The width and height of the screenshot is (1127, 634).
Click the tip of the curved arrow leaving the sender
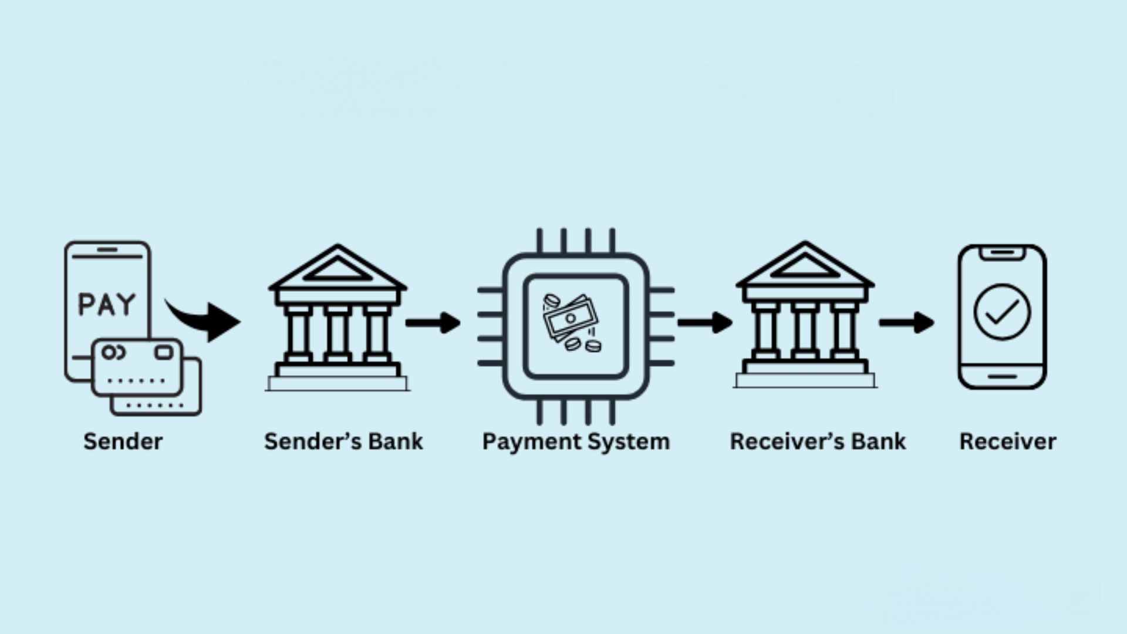tap(241, 322)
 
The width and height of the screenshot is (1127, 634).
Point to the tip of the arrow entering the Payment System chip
tap(460, 322)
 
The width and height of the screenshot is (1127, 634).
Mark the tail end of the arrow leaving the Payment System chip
tap(679, 322)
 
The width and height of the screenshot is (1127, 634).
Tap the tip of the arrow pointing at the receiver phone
tap(934, 322)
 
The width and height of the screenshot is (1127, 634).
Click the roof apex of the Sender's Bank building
tap(337, 245)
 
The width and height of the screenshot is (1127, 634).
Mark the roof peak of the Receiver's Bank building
tap(805, 242)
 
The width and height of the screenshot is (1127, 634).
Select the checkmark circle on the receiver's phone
tap(1002, 312)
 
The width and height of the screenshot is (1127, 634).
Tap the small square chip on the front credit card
tap(164, 352)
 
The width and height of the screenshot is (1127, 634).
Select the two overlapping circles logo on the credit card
tap(113, 352)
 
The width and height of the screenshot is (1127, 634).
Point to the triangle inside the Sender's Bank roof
tap(338, 269)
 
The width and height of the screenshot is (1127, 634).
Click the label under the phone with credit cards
tap(123, 441)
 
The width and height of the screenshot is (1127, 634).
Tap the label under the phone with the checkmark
tap(1008, 441)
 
